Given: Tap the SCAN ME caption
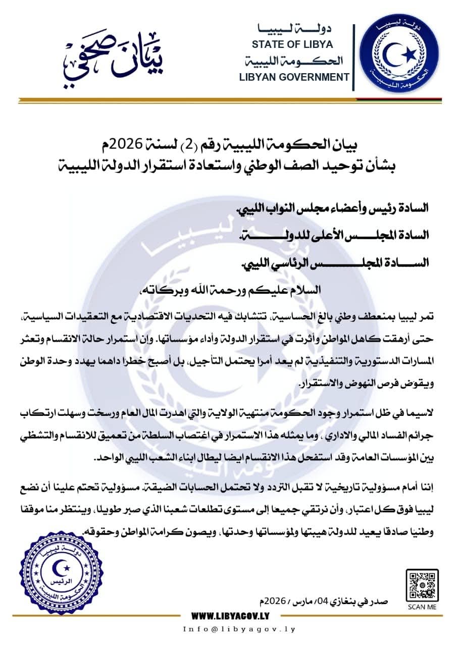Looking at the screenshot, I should click(x=422, y=607).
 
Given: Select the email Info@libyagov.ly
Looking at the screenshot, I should click(x=239, y=629).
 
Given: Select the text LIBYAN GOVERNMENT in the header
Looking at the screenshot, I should click(x=294, y=77).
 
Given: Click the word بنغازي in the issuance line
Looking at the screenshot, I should click(x=351, y=601).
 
